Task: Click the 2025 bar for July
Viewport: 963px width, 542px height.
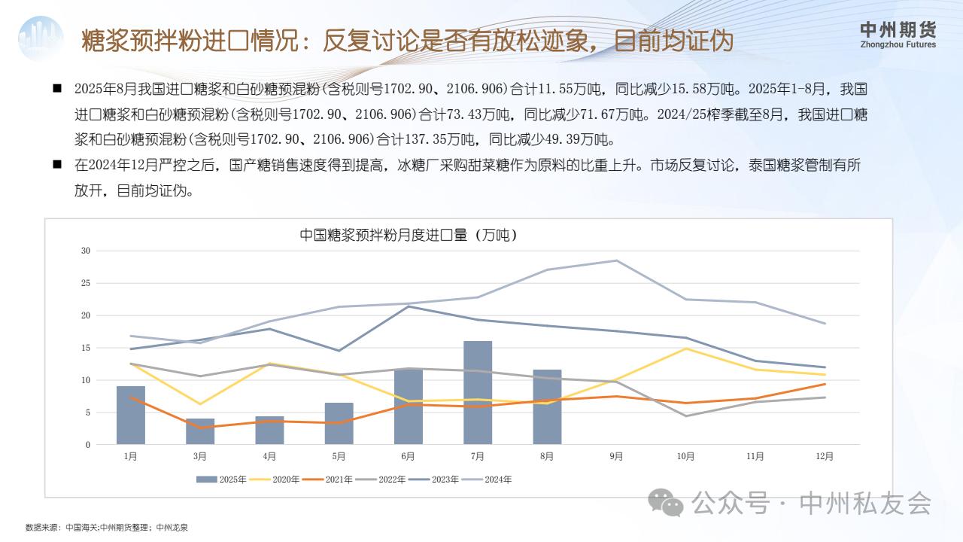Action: pos(478,392)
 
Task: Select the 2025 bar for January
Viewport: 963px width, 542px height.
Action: pos(131,415)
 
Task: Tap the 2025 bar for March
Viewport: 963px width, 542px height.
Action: pos(200,431)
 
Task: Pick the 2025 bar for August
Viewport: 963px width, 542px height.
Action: pos(547,406)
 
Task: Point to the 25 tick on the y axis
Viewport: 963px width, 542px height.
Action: pos(85,283)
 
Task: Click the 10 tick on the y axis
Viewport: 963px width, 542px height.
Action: pos(85,380)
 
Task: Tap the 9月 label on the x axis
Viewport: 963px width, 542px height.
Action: pos(616,456)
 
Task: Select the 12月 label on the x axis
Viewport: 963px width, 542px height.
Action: pos(825,456)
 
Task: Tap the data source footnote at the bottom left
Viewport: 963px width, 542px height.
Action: pos(106,528)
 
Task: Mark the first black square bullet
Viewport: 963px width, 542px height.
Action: pos(56,89)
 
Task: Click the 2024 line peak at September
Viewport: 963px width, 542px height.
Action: pos(617,260)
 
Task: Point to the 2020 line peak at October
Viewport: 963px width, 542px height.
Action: pos(686,349)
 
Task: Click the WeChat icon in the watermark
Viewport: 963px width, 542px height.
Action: pos(667,503)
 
